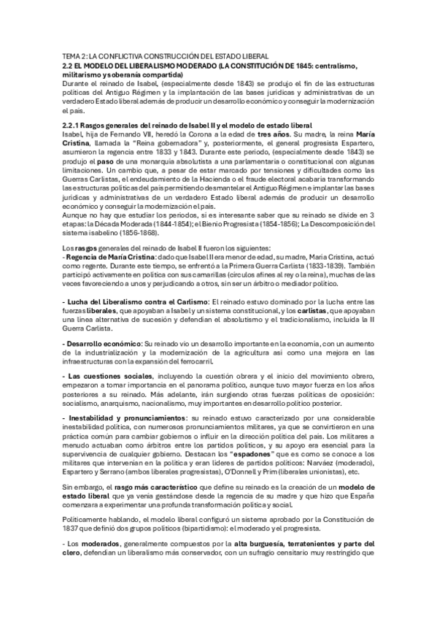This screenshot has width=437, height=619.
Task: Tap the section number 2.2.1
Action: (73, 126)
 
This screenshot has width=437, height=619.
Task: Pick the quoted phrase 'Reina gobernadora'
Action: (141, 144)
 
